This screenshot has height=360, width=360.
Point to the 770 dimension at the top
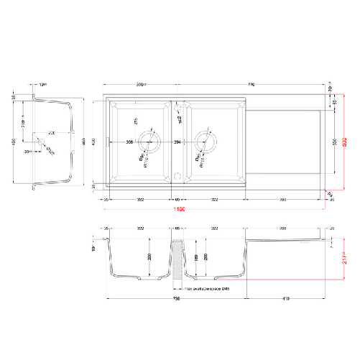point(252,84)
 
